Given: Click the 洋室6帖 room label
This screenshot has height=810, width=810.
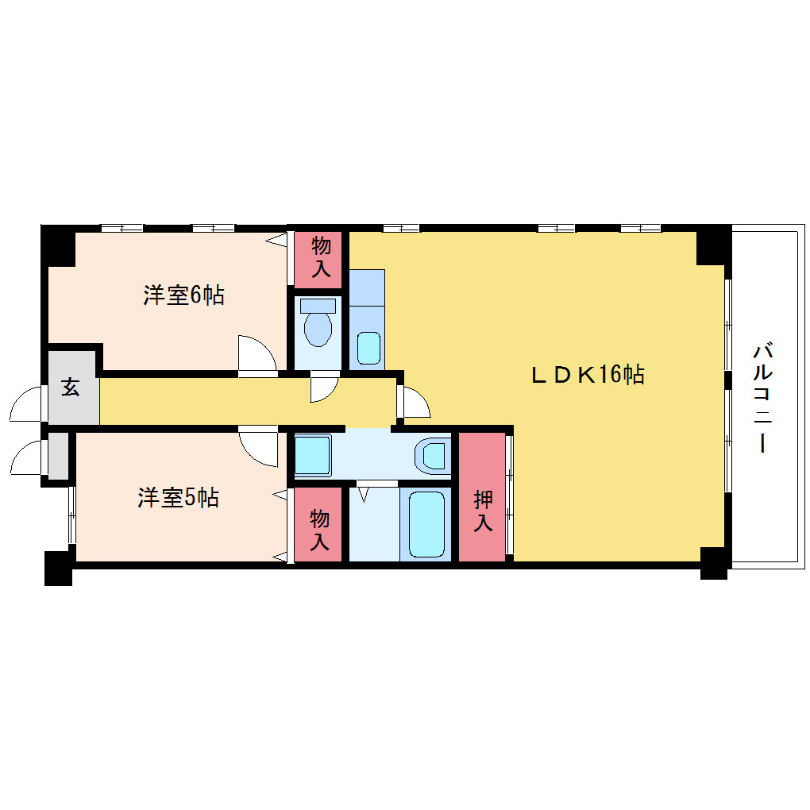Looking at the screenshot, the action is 184,295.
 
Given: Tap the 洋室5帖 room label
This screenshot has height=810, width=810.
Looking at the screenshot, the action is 178,497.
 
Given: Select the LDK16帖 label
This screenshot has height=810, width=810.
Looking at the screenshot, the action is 588,375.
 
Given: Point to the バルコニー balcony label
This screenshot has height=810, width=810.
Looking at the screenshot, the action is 762,397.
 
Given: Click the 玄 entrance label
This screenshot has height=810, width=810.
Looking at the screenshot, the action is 71,387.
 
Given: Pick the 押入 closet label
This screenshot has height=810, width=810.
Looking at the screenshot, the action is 483,511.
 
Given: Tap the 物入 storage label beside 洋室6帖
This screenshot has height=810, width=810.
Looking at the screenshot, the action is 321,256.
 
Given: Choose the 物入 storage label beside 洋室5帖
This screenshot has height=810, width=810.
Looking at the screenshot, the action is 320,530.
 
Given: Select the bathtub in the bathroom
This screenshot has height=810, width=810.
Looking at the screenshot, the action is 426,524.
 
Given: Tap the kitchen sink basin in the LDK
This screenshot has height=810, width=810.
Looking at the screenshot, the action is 368,348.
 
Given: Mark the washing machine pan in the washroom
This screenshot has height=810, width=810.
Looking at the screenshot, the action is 313,454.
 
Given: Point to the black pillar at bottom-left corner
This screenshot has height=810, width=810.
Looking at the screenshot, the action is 58,569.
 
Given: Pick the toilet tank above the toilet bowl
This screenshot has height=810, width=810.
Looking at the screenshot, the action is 318,306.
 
